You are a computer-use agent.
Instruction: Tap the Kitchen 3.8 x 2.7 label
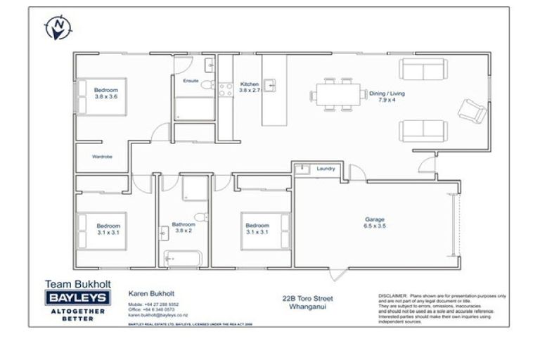tap(250, 86)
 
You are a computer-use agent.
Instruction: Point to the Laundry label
tap(326, 169)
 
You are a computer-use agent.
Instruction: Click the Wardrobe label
tap(102, 156)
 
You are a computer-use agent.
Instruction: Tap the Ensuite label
tap(191, 82)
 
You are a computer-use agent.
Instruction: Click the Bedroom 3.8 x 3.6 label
tap(106, 94)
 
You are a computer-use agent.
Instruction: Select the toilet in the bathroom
tap(200, 216)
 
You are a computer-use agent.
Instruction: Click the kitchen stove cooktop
tap(226, 89)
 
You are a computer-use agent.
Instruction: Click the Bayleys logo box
tap(76, 299)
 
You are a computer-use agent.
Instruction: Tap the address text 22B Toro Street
tap(307, 298)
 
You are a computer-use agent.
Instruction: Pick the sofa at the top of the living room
tap(423, 69)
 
